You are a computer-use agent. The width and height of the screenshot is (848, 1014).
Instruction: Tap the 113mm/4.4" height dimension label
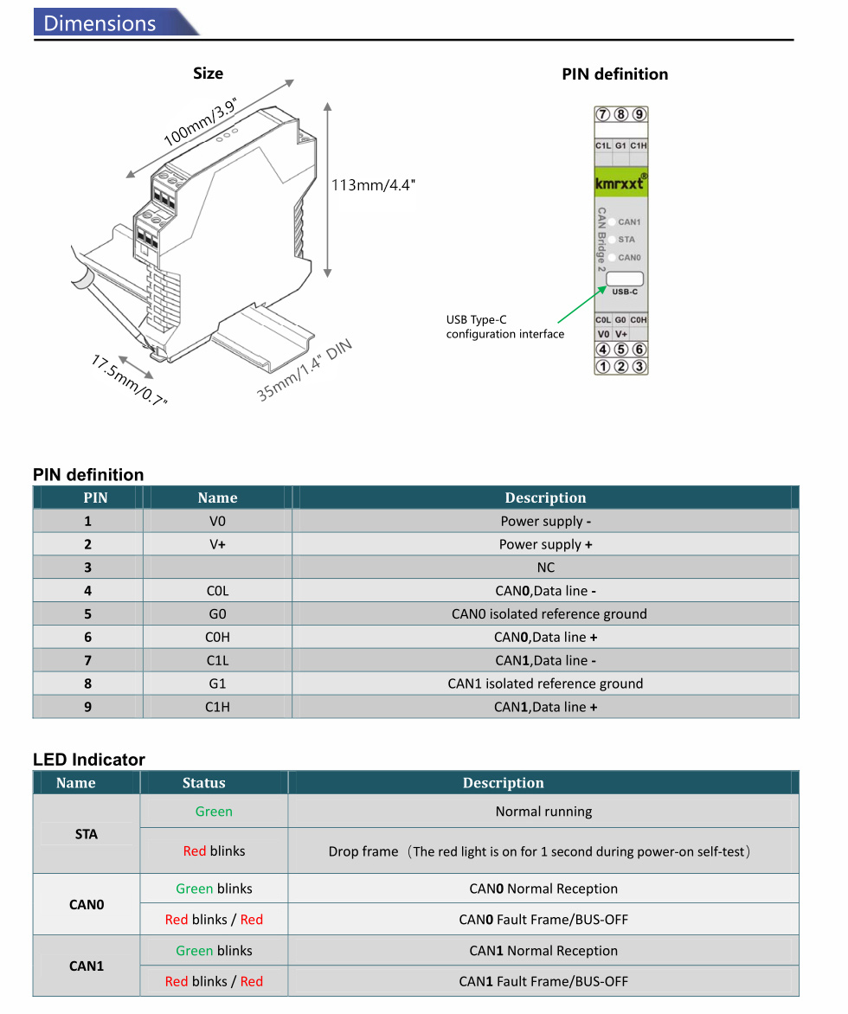tap(373, 185)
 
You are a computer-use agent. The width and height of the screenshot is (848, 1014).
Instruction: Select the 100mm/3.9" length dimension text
tap(201, 122)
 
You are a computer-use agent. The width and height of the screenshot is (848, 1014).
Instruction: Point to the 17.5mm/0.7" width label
tap(129, 380)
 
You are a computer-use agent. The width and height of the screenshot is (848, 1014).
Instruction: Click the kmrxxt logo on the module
tap(620, 183)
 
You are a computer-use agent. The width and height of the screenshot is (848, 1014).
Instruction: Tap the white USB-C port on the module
tap(625, 279)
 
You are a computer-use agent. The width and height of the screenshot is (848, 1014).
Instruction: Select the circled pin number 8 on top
tap(621, 114)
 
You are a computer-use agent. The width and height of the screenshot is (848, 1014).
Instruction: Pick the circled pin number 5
tap(621, 350)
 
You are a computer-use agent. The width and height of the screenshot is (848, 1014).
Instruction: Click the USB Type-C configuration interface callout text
tap(504, 327)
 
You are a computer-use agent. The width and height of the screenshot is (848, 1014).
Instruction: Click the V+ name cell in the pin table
tap(217, 544)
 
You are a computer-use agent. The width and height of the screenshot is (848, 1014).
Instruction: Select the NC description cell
tap(545, 568)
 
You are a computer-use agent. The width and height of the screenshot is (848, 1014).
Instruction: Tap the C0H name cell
tap(217, 637)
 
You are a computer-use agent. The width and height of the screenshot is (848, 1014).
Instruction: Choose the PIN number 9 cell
tap(87, 707)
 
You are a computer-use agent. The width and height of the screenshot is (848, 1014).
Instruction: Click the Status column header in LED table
tap(203, 783)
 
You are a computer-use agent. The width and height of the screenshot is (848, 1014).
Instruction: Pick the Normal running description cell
tap(543, 812)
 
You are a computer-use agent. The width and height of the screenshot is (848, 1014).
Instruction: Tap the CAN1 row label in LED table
tap(87, 966)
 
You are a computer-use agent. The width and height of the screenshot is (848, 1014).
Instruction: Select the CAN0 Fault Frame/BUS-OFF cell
tap(543, 920)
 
